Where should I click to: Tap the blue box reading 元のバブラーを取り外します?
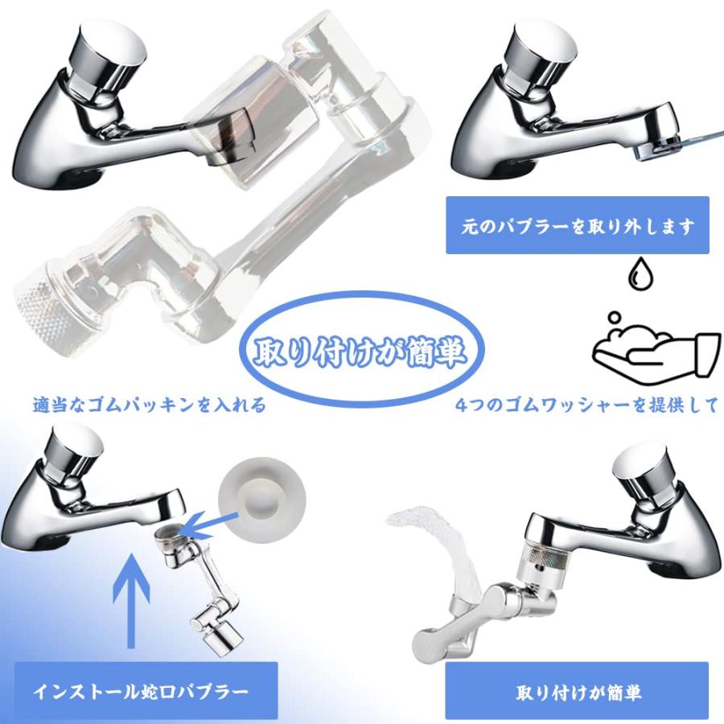tap(578, 226)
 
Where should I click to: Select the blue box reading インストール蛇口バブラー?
tap(140, 690)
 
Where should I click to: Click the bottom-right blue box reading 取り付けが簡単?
tap(578, 690)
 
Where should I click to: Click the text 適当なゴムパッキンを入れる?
tap(150, 405)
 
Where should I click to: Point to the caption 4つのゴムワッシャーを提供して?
tap(586, 405)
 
